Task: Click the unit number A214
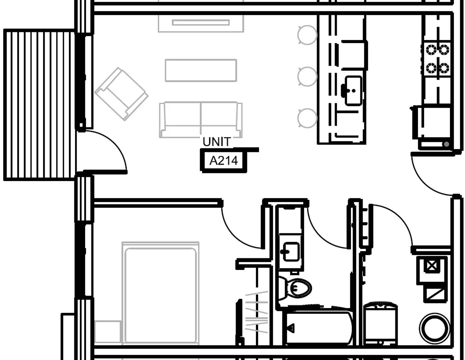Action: point(223,161)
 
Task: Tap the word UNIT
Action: point(217,142)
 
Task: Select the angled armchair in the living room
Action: point(121,94)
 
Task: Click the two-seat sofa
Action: point(201,119)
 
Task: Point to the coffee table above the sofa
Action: point(201,70)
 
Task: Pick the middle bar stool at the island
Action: point(307,76)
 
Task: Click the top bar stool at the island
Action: point(307,35)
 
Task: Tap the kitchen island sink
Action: point(353,90)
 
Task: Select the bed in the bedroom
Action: point(160,293)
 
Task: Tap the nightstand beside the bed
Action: point(107,332)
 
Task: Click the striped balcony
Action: point(39,105)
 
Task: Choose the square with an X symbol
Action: point(431,266)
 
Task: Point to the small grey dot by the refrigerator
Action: point(446,144)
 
